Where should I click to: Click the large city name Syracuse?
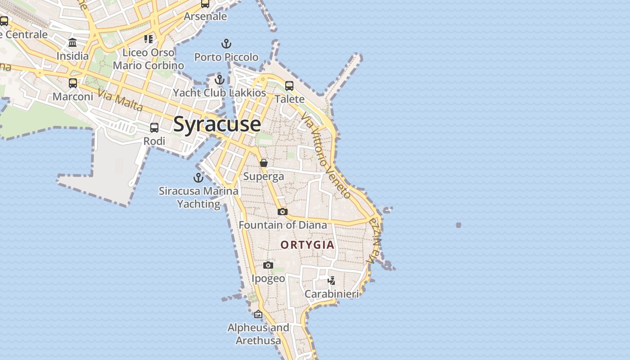pos(217,124)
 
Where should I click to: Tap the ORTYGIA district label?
pos(308,245)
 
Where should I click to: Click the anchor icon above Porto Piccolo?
pos(226,44)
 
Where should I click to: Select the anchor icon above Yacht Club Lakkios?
pos(220,80)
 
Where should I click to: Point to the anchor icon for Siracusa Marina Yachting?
pos(198,177)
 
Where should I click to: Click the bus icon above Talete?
pos(289,85)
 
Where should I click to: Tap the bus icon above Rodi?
pos(154,128)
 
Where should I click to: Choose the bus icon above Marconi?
pos(73,83)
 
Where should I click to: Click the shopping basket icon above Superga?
pos(264,163)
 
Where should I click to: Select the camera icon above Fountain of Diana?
pos(283,211)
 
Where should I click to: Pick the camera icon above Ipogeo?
pos(268,265)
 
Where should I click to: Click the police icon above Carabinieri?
pos(332,281)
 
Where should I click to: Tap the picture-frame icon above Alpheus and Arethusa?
pos(258,314)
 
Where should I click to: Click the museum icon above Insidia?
pos(72,43)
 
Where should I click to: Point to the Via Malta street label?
pos(120,101)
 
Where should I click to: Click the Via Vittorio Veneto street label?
pos(326,155)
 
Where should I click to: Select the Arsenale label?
pos(205,17)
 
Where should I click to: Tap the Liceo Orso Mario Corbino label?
pos(148,59)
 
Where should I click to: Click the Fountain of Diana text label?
pos(283,225)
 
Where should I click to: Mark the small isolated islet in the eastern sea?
pos(459,225)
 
